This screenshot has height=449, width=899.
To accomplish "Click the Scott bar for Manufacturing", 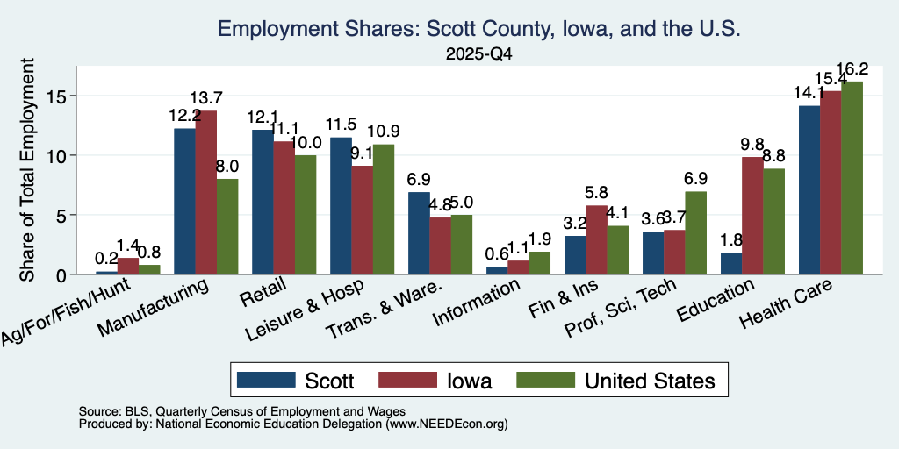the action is [x=184, y=201].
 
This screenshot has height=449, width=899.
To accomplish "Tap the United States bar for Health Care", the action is [x=852, y=177].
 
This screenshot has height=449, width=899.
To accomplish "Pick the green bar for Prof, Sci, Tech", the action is [x=695, y=233].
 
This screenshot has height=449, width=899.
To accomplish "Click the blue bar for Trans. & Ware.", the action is [x=419, y=233].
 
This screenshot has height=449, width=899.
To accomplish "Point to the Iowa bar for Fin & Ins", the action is [x=596, y=240].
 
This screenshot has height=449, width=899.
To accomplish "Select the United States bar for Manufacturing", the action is [x=227, y=226].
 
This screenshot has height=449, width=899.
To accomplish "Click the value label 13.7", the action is [x=206, y=98].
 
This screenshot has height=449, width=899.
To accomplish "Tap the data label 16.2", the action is [x=852, y=68].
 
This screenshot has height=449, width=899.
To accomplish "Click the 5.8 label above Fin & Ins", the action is [x=596, y=192].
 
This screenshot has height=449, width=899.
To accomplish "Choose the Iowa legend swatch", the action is [x=406, y=380].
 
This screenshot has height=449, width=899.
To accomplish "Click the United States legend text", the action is [x=650, y=381].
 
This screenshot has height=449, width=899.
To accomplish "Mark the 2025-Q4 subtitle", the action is [x=478, y=54].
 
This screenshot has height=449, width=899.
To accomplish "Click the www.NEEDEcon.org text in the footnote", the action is [x=447, y=424].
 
